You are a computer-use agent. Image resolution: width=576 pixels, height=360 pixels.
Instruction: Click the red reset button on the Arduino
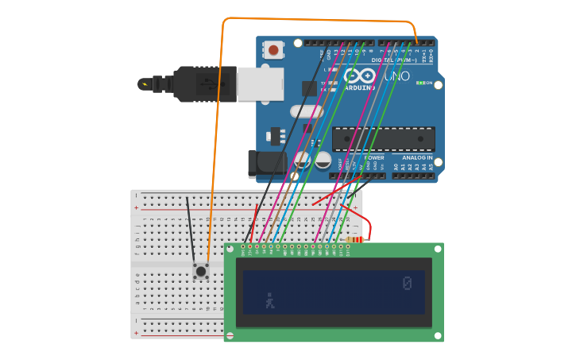[x=273, y=50]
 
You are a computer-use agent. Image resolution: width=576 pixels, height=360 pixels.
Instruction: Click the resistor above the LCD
[x=356, y=239]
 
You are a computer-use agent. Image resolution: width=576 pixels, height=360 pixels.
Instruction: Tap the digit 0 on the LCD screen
[x=407, y=284]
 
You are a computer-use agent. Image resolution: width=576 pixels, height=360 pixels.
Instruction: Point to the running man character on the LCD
[x=270, y=300]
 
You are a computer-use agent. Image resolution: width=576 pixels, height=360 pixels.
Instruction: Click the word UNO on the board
[x=396, y=76]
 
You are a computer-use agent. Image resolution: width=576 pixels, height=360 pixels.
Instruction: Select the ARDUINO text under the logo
[x=360, y=87]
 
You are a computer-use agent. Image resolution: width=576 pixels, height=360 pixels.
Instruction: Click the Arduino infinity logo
[x=359, y=76]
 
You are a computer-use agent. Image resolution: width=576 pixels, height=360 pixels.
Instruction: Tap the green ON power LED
[x=420, y=83]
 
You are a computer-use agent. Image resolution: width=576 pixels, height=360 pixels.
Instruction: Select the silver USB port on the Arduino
[x=260, y=83]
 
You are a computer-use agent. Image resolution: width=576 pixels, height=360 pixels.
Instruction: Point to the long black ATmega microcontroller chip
[x=383, y=139]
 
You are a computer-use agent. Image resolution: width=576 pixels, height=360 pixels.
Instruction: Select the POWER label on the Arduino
[x=373, y=158]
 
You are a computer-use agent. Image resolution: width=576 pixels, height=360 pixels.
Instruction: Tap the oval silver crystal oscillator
[x=306, y=112]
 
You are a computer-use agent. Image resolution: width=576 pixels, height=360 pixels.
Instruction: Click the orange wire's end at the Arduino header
[x=416, y=43]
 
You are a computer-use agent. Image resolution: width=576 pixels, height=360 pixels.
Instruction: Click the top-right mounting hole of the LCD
[x=439, y=248]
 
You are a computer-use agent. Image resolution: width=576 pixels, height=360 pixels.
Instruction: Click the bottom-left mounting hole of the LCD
[x=230, y=336]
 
